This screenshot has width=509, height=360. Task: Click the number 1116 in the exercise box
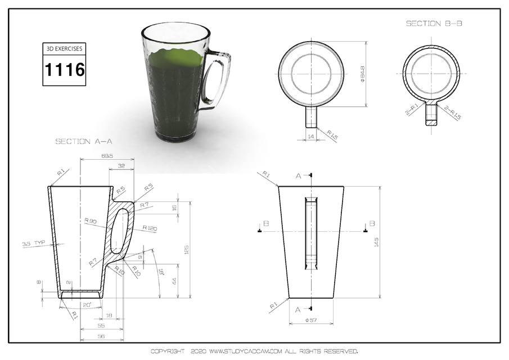tap(65, 70)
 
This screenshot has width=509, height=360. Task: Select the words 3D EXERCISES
tap(65, 49)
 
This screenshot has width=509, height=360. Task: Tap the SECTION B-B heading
tap(434, 24)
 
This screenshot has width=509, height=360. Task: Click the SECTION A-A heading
tap(84, 142)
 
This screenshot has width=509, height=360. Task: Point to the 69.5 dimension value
tap(107, 155)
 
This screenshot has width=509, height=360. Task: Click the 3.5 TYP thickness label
tap(33, 244)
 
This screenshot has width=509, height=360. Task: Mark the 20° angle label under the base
tap(86, 305)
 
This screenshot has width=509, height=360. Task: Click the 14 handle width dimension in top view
tap(310, 136)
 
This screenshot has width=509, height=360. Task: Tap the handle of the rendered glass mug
tap(219, 79)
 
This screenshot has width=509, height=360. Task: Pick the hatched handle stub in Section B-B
tap(431, 115)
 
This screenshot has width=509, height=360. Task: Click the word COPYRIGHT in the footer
tap(167, 351)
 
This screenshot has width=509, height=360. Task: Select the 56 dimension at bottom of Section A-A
tap(101, 336)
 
